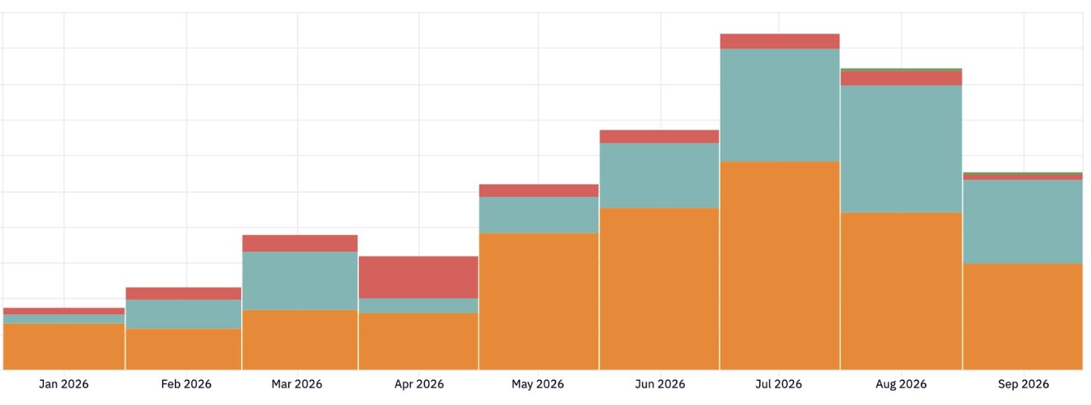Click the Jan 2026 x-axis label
coord(64,384)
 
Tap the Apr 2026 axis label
coord(419,384)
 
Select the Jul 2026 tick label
coord(778,384)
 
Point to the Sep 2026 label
coord(1024,384)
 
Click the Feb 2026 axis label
coord(186,384)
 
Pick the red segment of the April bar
coord(418,278)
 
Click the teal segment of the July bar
coord(780,105)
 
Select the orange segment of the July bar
coord(780,265)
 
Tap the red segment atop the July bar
coord(780,42)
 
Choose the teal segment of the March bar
coord(300,281)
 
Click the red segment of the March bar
coord(300,243)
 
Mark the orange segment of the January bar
coord(64,347)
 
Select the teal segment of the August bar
coord(901,149)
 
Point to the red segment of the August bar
coord(901,78)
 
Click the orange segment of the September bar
coord(1023,317)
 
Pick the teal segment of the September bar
coord(1023,222)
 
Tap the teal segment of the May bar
coord(539,215)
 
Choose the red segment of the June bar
coord(659,137)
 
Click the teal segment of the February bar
coord(183,314)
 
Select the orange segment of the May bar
coord(539,302)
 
